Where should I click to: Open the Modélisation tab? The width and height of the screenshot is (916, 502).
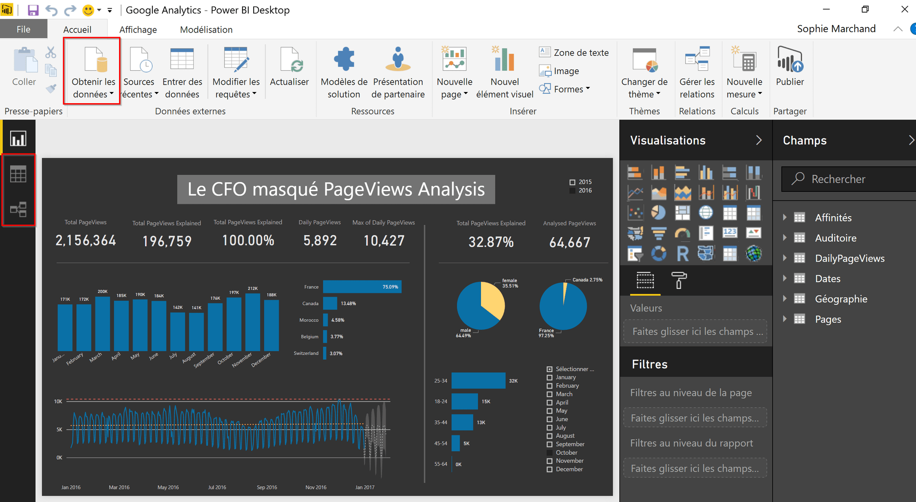[206, 30]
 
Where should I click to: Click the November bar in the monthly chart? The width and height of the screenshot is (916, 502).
[252, 322]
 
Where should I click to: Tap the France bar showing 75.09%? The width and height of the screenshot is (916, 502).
[362, 287]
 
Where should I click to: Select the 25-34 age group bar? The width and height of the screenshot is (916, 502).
[478, 381]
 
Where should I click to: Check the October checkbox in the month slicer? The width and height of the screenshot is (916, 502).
[549, 453]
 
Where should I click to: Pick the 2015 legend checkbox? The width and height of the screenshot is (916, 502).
[573, 182]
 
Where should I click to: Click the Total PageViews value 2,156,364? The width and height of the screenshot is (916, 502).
[86, 240]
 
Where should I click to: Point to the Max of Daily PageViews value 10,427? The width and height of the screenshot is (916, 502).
[384, 240]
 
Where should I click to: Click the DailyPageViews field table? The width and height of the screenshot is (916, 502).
[850, 258]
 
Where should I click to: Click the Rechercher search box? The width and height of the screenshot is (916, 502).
[850, 179]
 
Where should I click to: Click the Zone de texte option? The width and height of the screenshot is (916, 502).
[574, 53]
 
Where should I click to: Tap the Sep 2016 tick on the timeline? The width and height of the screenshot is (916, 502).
[267, 487]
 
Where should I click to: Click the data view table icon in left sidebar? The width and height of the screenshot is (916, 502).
[18, 174]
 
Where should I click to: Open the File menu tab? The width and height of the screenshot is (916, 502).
[23, 29]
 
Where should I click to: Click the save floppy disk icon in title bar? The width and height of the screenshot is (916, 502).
[33, 10]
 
